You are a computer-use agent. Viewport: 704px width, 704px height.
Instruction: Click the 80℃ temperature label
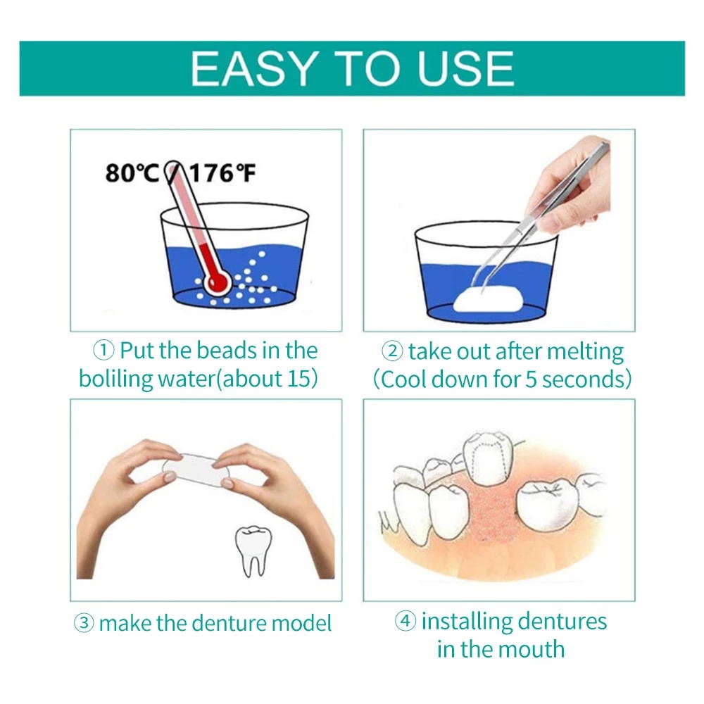132,173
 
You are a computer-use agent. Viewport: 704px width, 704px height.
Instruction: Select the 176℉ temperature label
222,173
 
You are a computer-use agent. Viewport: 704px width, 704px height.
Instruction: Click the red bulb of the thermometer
218,282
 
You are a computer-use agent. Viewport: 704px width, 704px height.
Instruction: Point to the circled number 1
103,350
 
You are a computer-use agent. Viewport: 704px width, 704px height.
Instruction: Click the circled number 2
392,351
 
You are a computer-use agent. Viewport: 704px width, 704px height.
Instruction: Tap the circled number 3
84,623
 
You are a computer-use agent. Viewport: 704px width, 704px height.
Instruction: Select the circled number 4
405,621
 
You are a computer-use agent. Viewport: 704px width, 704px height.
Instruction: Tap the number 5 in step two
531,379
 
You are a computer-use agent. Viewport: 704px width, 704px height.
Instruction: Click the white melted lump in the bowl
489,301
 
